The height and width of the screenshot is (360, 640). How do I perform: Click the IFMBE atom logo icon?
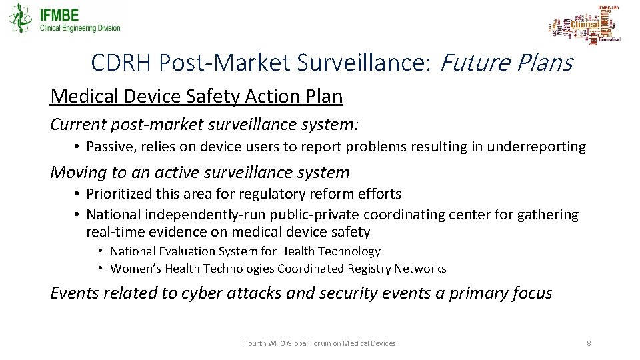20,18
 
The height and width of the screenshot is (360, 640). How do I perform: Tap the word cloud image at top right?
585,25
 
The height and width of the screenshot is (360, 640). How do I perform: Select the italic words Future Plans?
506,63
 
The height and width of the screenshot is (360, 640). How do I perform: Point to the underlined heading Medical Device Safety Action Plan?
197,97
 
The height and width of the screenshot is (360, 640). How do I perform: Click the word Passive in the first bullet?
108,147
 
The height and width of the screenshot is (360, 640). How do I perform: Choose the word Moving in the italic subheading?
75,173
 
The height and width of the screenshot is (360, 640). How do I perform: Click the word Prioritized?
120,194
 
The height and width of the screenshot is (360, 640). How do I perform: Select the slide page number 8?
589,343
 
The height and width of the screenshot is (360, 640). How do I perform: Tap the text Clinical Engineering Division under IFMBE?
81,28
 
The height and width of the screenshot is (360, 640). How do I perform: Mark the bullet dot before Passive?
78,147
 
